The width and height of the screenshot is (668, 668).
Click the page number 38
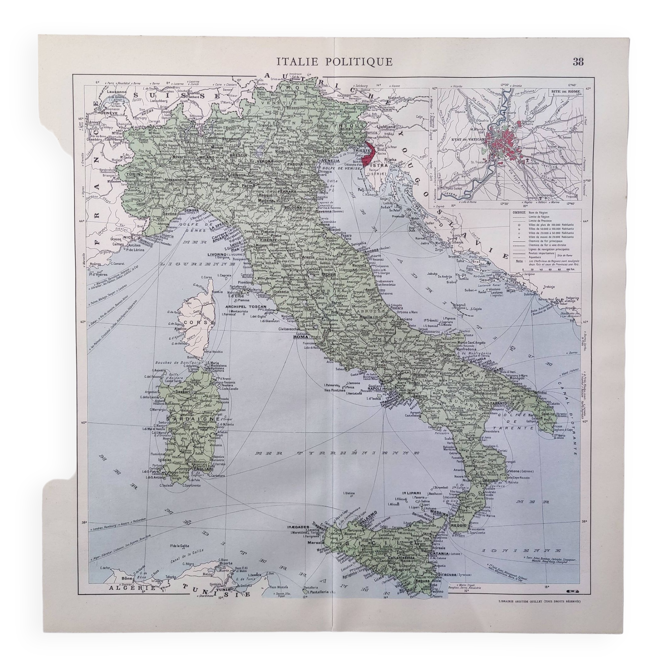point(578,61)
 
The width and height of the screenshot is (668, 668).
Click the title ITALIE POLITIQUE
point(335,61)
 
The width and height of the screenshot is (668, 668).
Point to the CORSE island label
point(195,322)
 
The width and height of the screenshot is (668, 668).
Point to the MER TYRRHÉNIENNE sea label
point(337,453)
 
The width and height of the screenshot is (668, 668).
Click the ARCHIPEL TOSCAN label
point(246,307)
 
